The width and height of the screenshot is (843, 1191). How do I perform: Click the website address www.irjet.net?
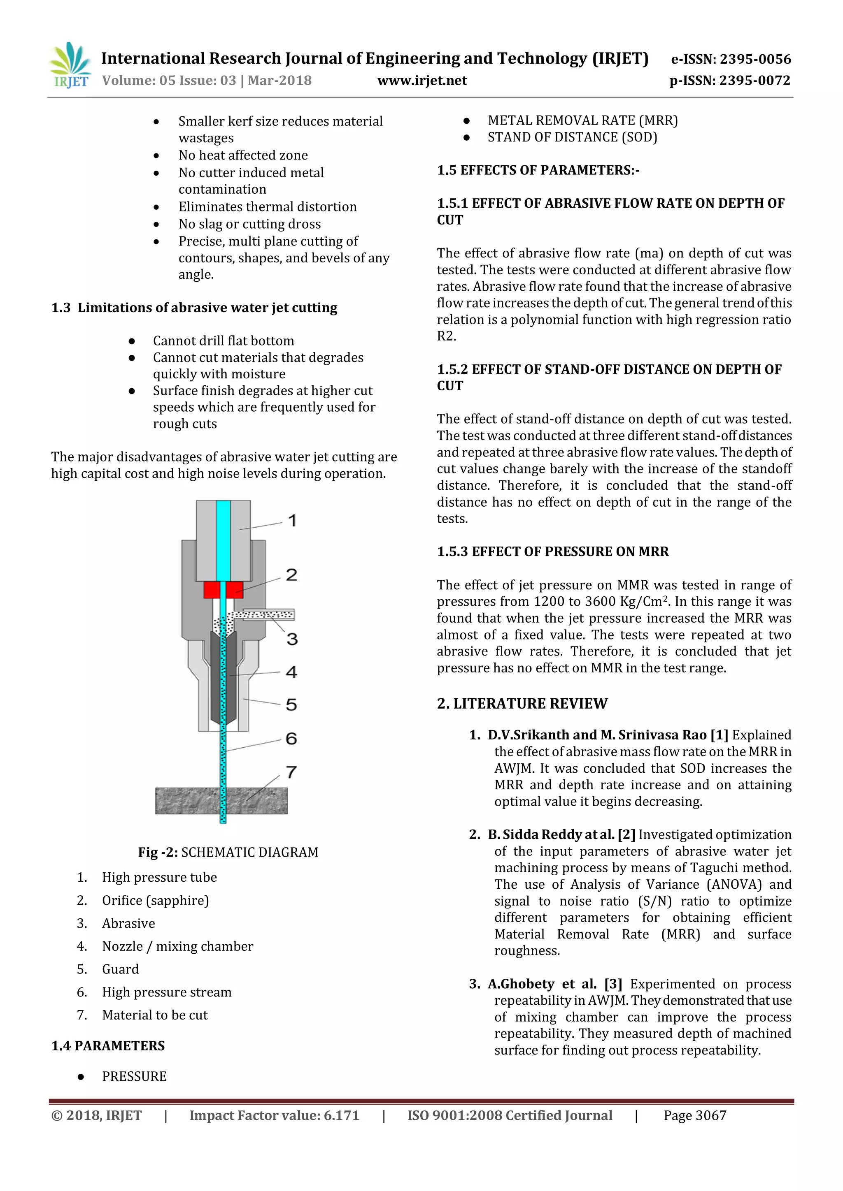[422, 81]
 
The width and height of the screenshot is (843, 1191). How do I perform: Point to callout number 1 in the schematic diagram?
[292, 520]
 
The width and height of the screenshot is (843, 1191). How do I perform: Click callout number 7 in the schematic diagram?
[291, 772]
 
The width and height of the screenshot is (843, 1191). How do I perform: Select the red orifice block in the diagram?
[223, 590]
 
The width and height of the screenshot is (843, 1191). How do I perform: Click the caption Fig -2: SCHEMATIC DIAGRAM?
[228, 852]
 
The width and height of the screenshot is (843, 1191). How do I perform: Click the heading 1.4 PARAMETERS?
[108, 1045]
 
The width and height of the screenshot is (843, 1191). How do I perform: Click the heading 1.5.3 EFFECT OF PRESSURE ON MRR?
[552, 551]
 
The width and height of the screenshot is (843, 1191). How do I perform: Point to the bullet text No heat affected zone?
[243, 155]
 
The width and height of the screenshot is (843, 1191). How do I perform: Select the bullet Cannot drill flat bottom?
[223, 341]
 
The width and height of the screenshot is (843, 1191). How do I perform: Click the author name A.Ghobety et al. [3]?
[554, 984]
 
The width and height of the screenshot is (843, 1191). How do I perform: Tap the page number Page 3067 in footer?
[694, 1115]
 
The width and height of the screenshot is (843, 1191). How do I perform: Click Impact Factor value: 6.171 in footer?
[274, 1115]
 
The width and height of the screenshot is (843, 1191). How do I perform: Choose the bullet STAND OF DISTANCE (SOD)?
[572, 137]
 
